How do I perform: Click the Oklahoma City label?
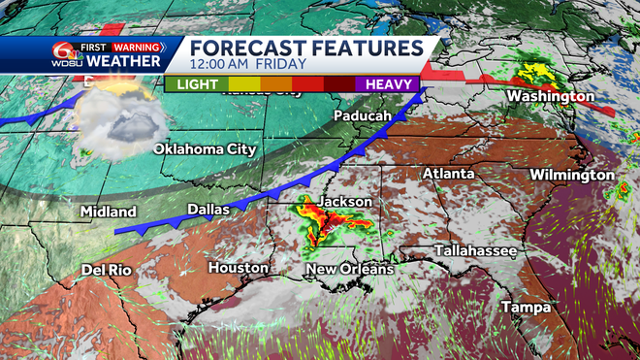[x=205, y=149]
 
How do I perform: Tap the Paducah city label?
[x=362, y=115]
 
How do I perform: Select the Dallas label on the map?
[x=208, y=209]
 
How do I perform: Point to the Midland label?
[x=109, y=212]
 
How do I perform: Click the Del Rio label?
[x=106, y=269]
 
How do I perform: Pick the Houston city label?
[x=238, y=267]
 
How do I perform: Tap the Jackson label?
[x=345, y=201]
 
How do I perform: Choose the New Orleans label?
[x=349, y=268]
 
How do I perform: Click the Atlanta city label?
[x=448, y=174]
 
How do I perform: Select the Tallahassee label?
[x=475, y=250]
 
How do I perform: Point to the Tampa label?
[x=527, y=308]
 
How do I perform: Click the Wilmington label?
[x=572, y=175]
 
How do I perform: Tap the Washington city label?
[x=550, y=97]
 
